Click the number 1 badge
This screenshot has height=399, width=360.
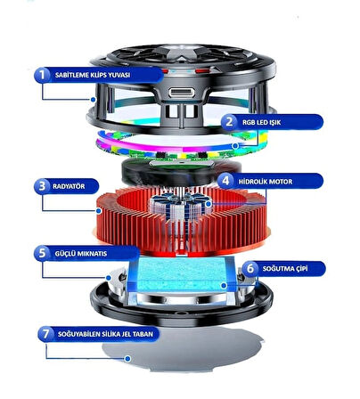42,75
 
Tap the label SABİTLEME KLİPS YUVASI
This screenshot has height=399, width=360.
93,75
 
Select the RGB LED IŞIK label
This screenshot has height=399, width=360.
261,122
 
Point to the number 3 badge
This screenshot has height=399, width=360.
42,186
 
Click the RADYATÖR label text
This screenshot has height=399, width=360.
69,186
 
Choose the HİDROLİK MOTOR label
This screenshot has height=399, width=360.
266,182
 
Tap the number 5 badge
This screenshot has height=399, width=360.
42,253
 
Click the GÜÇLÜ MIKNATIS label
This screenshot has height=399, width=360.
81,254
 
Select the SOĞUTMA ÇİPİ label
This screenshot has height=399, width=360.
285,269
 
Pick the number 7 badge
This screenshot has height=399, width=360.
45,334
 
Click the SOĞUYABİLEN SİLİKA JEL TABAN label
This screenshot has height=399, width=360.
105,334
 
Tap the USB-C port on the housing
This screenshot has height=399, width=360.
182,93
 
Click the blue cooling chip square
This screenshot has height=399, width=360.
181,273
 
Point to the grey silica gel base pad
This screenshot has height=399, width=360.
183,349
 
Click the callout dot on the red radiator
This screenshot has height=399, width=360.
99,211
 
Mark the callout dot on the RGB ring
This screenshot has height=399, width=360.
235,146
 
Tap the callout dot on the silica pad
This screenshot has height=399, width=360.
127,359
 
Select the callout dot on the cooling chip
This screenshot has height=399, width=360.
224,286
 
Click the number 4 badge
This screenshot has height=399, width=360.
225,181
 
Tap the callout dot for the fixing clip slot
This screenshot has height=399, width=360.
94,100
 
